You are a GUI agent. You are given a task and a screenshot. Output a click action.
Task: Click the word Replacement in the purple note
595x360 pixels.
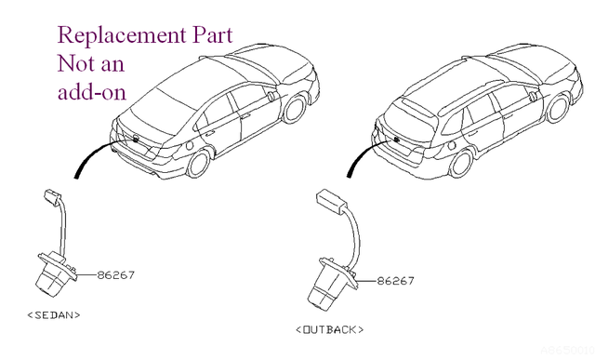point(122,36)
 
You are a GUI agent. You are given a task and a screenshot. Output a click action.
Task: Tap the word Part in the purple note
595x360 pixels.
point(213,35)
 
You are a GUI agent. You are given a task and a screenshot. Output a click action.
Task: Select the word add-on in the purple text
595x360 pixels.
point(91,91)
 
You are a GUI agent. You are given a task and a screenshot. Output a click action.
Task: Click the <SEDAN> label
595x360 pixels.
point(54,314)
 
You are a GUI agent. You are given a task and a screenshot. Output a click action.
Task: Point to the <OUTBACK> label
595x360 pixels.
point(329,329)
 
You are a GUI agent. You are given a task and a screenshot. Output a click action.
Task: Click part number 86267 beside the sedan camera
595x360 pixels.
point(116,274)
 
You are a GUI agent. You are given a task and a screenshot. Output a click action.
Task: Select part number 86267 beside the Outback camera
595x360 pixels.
point(395,281)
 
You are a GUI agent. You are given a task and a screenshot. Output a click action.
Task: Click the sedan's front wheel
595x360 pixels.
point(295,109)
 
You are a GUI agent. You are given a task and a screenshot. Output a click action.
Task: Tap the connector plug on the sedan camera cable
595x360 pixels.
point(52,195)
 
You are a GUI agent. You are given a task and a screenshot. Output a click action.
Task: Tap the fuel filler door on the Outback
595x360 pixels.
point(451,145)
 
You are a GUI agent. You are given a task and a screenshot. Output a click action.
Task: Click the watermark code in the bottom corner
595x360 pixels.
point(567,350)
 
